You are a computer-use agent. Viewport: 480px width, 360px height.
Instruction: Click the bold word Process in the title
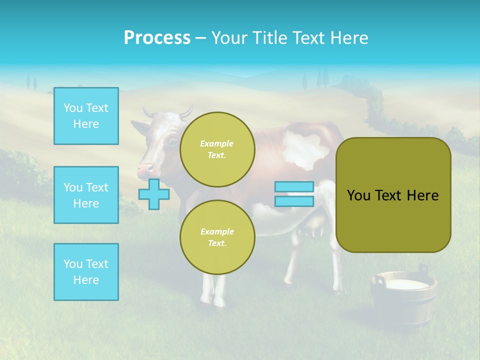[x=157, y=38]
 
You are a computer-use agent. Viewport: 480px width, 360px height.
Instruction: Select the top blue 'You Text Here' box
[x=86, y=116]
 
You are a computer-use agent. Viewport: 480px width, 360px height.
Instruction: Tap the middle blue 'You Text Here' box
[x=86, y=195]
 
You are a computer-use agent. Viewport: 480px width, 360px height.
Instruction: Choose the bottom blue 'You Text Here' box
[x=86, y=272]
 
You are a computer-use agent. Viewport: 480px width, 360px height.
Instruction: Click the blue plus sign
[x=153, y=194]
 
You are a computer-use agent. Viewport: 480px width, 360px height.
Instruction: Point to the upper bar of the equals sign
[x=294, y=186]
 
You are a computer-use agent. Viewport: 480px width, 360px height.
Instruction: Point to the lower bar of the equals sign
[x=294, y=201]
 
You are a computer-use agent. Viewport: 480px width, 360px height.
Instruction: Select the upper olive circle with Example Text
[x=217, y=149]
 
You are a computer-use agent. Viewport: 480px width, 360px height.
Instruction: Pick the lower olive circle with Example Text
[x=217, y=237]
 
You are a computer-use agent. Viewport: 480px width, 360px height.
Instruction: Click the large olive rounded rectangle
[x=393, y=195]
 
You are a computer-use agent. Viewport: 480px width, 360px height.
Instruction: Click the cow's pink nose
[x=145, y=169]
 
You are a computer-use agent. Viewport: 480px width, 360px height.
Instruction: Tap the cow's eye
[x=172, y=142]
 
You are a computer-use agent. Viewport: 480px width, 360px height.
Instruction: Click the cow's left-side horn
[x=148, y=112]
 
